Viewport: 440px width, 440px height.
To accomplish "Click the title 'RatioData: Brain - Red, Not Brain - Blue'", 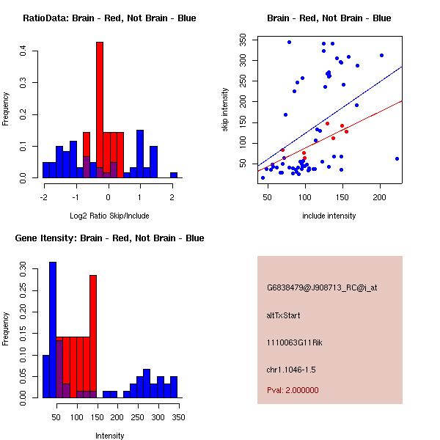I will click(x=109, y=18).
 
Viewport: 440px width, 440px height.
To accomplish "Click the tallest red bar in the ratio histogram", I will click(x=100, y=110).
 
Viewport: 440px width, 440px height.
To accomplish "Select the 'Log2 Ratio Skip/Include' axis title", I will click(x=109, y=215).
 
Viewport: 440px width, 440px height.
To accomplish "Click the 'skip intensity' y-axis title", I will click(x=226, y=110).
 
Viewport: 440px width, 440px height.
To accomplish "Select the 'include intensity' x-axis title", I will click(x=329, y=215).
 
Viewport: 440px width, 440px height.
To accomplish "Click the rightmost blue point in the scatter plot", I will click(x=397, y=158).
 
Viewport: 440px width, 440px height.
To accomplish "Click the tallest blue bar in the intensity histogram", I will click(x=52, y=330).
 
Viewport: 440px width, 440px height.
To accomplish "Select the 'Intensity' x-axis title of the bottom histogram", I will click(x=110, y=435).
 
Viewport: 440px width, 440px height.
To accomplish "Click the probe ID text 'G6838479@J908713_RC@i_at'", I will click(x=322, y=287).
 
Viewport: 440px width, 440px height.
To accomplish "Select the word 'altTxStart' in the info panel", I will click(x=284, y=315).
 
